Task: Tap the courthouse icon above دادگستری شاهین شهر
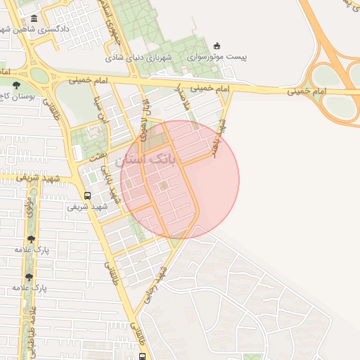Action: tap(34, 18)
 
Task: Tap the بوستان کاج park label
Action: tap(17, 96)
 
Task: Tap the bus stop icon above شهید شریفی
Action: tap(87, 195)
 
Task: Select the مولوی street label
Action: tap(30, 208)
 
